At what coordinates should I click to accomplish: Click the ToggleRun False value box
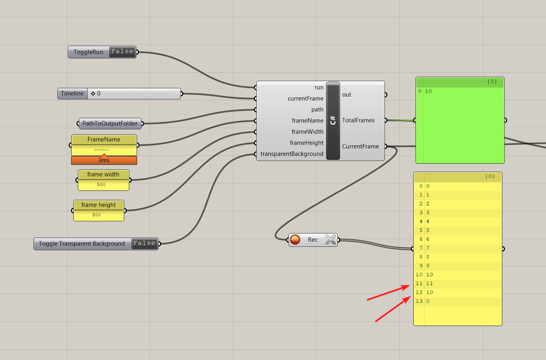coord(122,52)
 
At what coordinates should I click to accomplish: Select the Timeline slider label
coord(72,94)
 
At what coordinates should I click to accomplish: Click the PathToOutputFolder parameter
coord(110,123)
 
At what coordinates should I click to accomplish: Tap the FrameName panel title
coord(104,139)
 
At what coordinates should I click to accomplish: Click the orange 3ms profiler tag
coord(104,160)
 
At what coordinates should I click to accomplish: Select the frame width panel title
coord(103,174)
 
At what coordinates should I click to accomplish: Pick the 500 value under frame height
coord(97,215)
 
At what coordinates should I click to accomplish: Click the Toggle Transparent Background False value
coord(145,243)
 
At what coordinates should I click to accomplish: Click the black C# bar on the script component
coord(333,120)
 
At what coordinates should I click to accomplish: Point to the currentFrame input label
coord(305,98)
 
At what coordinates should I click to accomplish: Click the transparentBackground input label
coord(292,154)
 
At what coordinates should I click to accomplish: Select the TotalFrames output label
coord(358,120)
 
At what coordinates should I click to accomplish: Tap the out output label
coord(347,94)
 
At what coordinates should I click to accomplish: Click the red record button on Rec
coord(295,240)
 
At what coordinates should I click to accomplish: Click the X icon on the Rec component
coord(330,240)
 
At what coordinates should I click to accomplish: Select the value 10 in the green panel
coord(428,91)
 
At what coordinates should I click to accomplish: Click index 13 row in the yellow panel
coord(457,301)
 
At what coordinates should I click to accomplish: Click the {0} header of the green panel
coord(491,82)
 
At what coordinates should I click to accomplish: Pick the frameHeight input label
coord(306,143)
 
